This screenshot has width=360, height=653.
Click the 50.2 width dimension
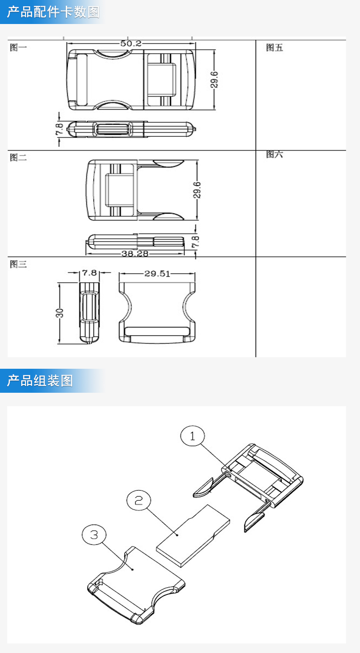coord(131,43)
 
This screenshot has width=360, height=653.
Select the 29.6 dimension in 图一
coord(214,80)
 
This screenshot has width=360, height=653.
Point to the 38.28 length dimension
coord(134,253)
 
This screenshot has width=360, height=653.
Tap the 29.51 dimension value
coord(157,274)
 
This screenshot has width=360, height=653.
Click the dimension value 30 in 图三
coord(60,313)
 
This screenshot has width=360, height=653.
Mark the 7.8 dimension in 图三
coord(89,273)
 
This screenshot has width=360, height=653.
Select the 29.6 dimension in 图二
coord(197,190)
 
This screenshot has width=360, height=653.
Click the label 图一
coord(18,48)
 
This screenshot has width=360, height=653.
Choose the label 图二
coord(18,157)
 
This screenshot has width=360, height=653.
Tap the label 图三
coord(18,264)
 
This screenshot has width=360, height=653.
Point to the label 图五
coord(275,48)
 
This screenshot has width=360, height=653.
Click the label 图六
coord(275,155)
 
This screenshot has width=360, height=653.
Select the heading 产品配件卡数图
coord(53,12)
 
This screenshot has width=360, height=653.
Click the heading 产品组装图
coord(40,381)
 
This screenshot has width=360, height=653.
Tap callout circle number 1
coord(192,436)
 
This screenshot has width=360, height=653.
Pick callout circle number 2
coord(139,500)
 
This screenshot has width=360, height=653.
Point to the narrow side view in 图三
coord(89,313)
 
